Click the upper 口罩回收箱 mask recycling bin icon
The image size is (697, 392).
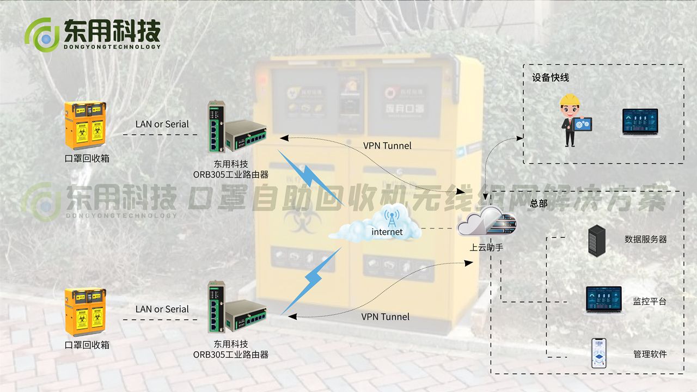click(x=85, y=126)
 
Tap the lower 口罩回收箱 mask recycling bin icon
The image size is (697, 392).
click(x=85, y=312)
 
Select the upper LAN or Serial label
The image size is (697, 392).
click(x=162, y=124)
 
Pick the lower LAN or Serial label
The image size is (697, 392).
click(x=162, y=309)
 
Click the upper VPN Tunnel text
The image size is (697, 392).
click(x=387, y=145)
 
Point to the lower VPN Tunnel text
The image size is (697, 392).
click(x=385, y=316)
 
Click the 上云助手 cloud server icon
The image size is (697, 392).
click(x=486, y=223)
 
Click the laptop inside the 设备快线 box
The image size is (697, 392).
click(x=640, y=122)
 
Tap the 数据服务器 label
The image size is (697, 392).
click(x=645, y=239)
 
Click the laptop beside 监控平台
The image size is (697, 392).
click(x=603, y=300)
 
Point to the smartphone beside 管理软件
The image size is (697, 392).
click(x=599, y=353)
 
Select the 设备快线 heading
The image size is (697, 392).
click(x=550, y=78)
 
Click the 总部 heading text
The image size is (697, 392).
click(x=539, y=203)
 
